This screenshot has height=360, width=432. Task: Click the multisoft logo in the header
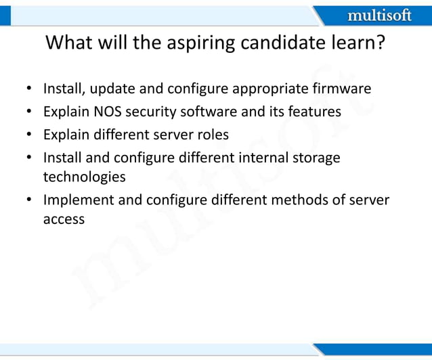point(379,15)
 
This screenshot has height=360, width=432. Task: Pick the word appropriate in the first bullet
point(272,89)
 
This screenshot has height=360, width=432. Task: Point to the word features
point(315,112)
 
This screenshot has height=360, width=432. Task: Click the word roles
point(211,135)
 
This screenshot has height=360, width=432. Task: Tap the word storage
point(317,158)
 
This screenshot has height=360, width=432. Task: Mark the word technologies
point(84,177)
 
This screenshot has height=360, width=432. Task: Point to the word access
point(64,219)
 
